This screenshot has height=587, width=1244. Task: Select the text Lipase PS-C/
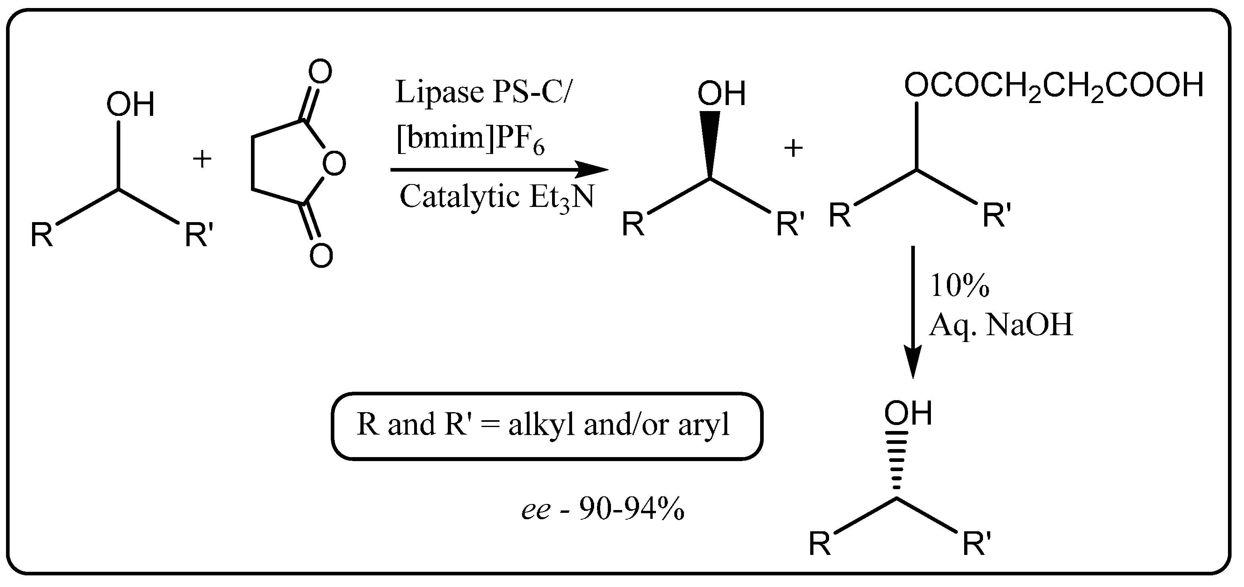pos(482,92)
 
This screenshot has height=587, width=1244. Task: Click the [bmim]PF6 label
pos(470,140)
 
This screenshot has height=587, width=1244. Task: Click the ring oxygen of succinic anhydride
pos(334,164)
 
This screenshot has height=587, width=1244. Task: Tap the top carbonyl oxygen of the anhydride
pos(321,72)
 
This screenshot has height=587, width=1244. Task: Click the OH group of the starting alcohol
pos(130,104)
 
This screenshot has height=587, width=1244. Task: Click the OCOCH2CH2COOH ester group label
pos(1053,87)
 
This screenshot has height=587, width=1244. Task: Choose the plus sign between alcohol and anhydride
pos(202,159)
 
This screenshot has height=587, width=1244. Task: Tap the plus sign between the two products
pos(793,148)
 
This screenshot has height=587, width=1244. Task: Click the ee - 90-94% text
pos(603,509)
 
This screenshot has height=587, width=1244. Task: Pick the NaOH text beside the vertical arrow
pos(1029,324)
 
